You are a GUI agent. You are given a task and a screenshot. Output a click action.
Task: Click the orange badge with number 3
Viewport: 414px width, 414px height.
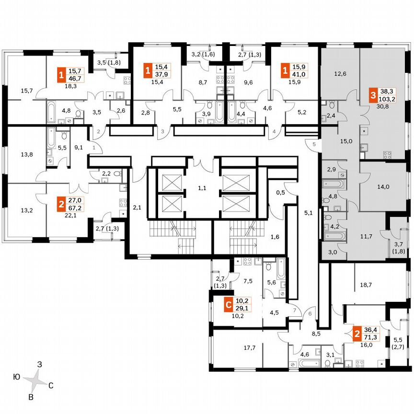coord(373,96)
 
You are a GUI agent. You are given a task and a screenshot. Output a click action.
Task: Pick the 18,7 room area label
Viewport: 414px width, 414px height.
coord(366,285)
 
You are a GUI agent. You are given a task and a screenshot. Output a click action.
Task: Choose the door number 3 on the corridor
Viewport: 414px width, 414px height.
coord(162,131)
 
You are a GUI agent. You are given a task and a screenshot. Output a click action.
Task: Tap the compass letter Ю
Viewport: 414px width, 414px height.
coord(16,377)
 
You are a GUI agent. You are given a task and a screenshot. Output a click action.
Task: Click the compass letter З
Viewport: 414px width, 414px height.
coord(40,365)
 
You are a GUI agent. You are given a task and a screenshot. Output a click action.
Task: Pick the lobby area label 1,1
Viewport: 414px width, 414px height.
coord(202,188)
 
